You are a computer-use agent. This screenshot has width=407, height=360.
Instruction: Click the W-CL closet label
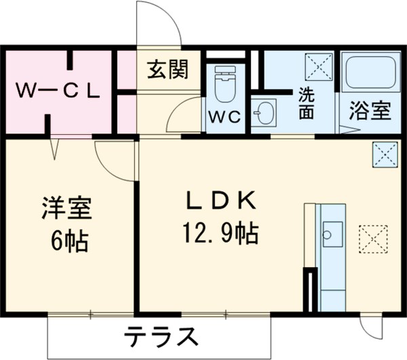[x=58, y=90]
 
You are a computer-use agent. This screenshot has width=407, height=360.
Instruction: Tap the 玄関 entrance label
[x=166, y=70]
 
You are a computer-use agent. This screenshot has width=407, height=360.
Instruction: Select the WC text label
[x=225, y=117]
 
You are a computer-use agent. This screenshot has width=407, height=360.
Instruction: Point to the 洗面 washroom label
[x=307, y=104]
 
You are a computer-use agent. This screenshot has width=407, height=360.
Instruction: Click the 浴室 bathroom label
[x=370, y=111]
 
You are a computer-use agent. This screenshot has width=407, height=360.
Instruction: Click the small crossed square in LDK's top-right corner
[x=383, y=153]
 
